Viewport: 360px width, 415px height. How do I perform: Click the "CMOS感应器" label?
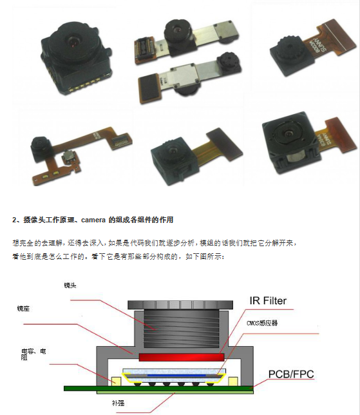pos(261,323)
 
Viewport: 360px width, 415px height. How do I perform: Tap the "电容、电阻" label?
pos(33,354)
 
